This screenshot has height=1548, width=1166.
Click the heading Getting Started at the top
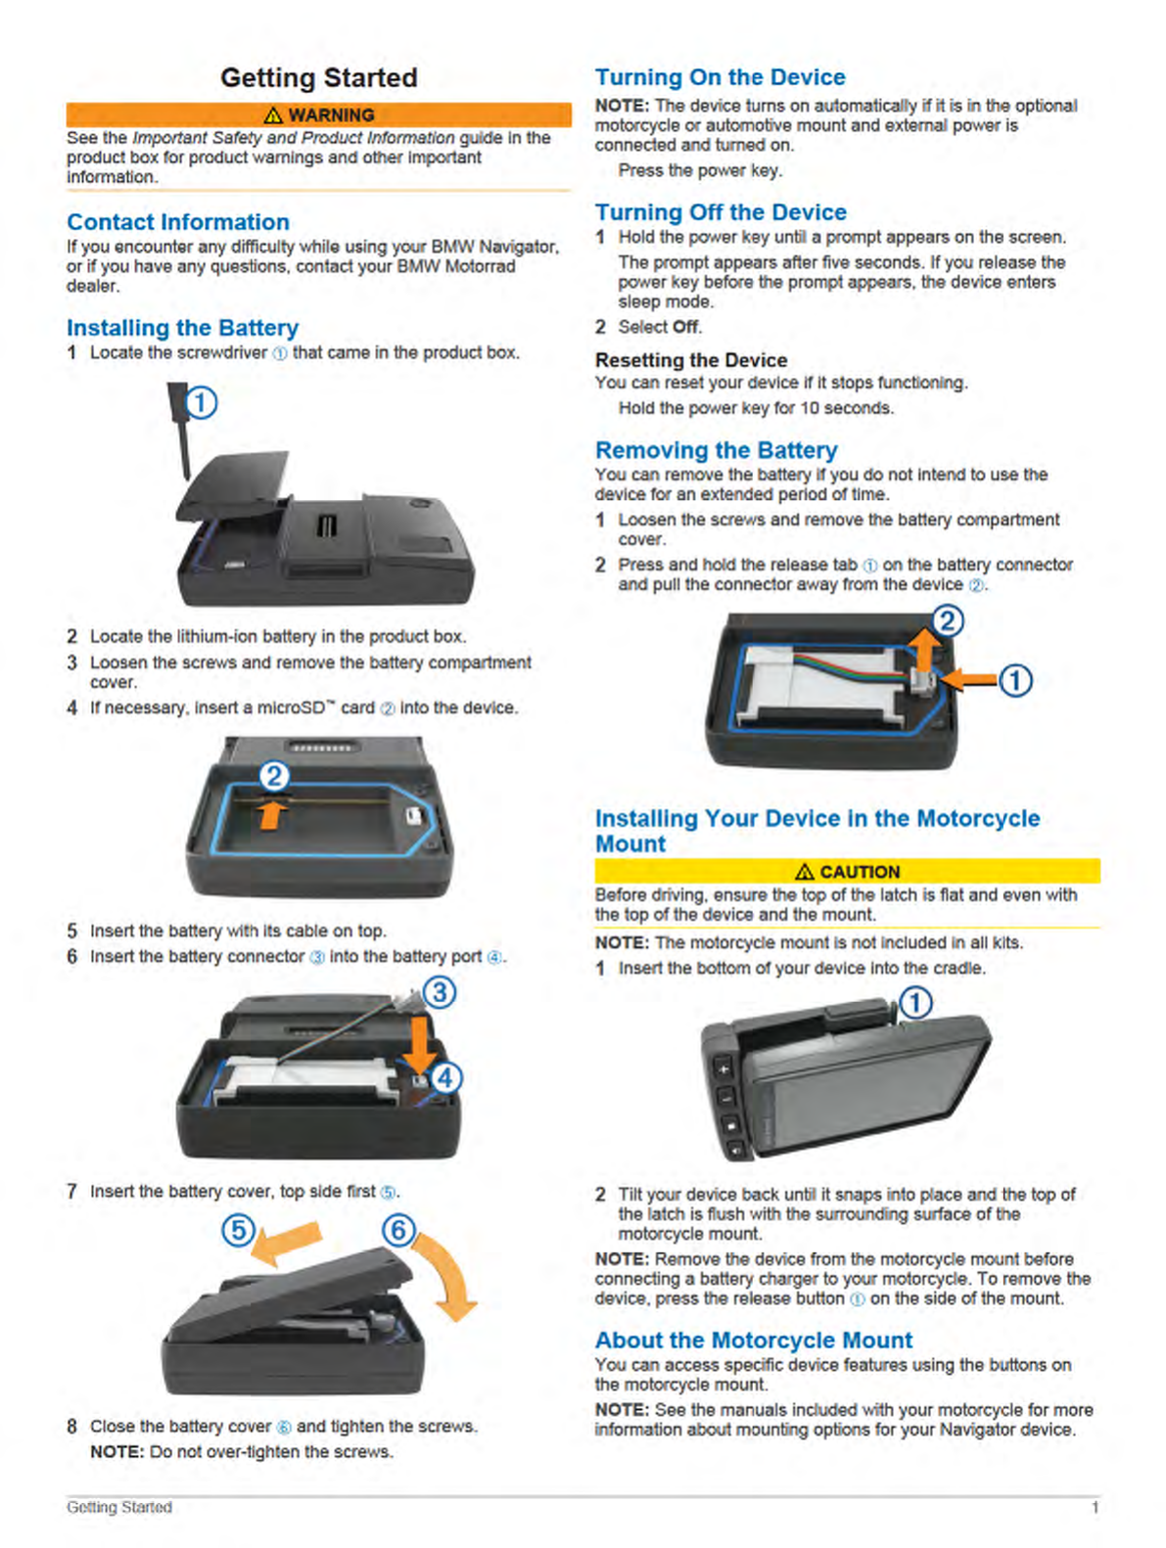(318, 77)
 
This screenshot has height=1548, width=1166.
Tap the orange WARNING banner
(318, 114)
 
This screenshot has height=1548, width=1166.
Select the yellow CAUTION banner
(847, 871)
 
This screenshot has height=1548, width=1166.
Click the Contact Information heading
(178, 222)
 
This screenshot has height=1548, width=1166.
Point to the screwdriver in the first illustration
(180, 432)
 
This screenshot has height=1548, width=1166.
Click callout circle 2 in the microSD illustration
(274, 777)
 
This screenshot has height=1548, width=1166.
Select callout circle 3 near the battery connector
(440, 992)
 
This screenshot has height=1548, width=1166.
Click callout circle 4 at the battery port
(445, 1078)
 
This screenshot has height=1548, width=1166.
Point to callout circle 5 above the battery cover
(239, 1229)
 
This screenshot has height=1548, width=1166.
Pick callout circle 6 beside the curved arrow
(398, 1229)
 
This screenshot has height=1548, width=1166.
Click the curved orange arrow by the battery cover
(448, 1277)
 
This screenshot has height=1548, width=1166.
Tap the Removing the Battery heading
(716, 450)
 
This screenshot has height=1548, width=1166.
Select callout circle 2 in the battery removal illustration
(947, 620)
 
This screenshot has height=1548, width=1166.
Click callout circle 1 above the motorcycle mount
(915, 1003)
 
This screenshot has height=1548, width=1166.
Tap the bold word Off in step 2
(685, 327)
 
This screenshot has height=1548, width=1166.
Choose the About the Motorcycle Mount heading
(753, 1340)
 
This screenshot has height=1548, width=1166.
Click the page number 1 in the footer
(1095, 1508)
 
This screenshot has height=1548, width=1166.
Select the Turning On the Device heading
(720, 77)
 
